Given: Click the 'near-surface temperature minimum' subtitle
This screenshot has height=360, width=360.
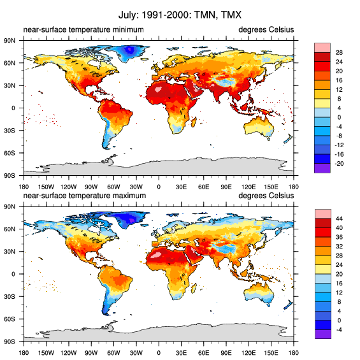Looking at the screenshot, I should (x=83, y=30).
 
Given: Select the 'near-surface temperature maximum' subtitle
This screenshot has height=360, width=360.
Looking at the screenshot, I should (x=84, y=205).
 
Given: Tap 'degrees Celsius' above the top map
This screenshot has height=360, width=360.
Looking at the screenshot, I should (x=266, y=30).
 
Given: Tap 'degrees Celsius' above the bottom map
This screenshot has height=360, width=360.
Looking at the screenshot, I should (x=266, y=205).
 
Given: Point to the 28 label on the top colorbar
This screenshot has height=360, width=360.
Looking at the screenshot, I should (x=340, y=52).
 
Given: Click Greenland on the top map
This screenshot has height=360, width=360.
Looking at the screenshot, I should (x=133, y=51).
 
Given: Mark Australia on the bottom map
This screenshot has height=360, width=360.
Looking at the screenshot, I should (x=259, y=293).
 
